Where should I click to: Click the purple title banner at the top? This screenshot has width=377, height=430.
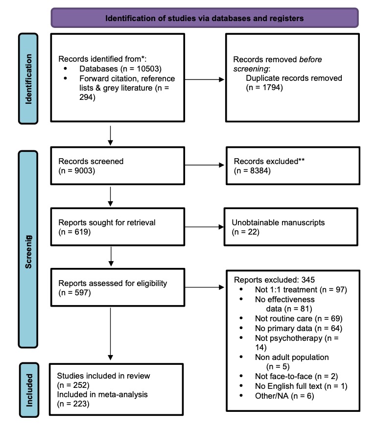pyautogui.click(x=205, y=18)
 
